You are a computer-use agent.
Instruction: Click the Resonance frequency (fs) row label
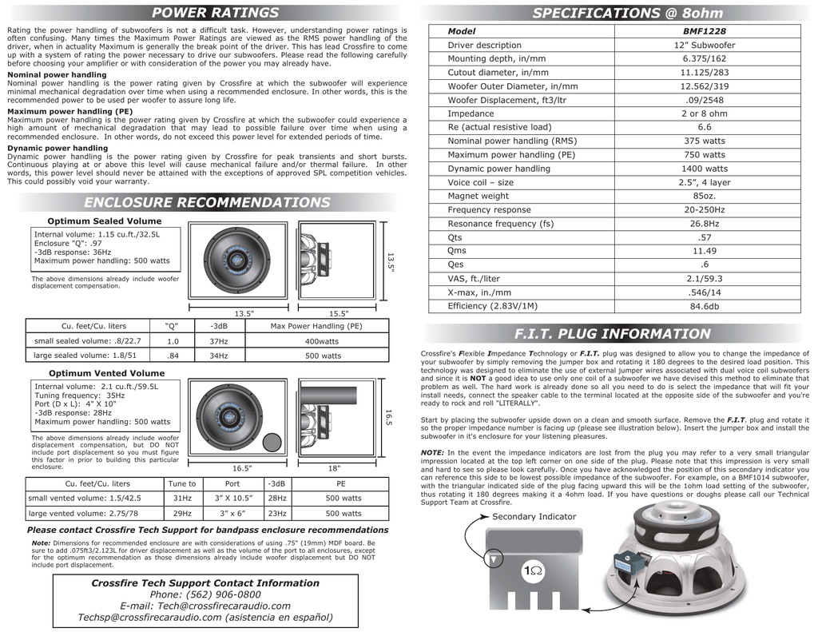[500, 224]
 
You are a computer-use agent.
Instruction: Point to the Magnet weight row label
[478, 196]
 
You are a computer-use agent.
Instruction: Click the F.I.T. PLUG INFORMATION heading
[612, 334]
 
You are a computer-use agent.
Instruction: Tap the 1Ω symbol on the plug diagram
[531, 571]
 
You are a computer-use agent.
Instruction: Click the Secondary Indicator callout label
[534, 517]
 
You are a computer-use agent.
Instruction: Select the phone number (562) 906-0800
[205, 594]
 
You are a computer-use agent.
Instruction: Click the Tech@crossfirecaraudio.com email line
[205, 606]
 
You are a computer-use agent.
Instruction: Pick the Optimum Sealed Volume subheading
[105, 221]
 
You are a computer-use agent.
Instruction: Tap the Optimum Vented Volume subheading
[106, 373]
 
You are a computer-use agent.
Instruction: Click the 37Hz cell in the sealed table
[218, 341]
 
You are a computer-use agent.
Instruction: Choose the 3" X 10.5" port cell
[232, 499]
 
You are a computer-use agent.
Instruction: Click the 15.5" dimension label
[339, 313]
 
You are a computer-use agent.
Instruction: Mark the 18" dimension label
[334, 468]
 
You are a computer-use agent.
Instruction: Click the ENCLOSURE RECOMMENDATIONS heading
[207, 203]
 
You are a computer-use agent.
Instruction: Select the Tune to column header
[182, 484]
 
